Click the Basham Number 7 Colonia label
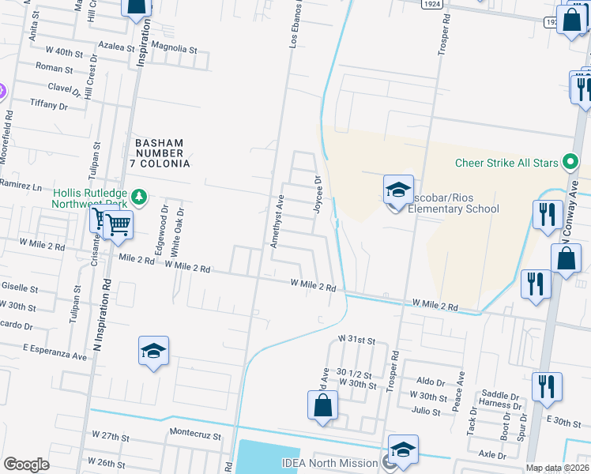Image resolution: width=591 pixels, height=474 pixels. [162, 152]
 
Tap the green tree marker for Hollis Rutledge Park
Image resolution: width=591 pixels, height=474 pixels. [139, 195]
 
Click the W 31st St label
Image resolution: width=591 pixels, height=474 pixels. [355, 338]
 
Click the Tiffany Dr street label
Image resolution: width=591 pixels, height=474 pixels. [49, 104]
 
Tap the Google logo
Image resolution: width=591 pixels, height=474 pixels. [26, 465]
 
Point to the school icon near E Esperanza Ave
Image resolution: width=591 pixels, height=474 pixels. [154, 352]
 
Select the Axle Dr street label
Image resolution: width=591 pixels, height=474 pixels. [492, 455]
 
